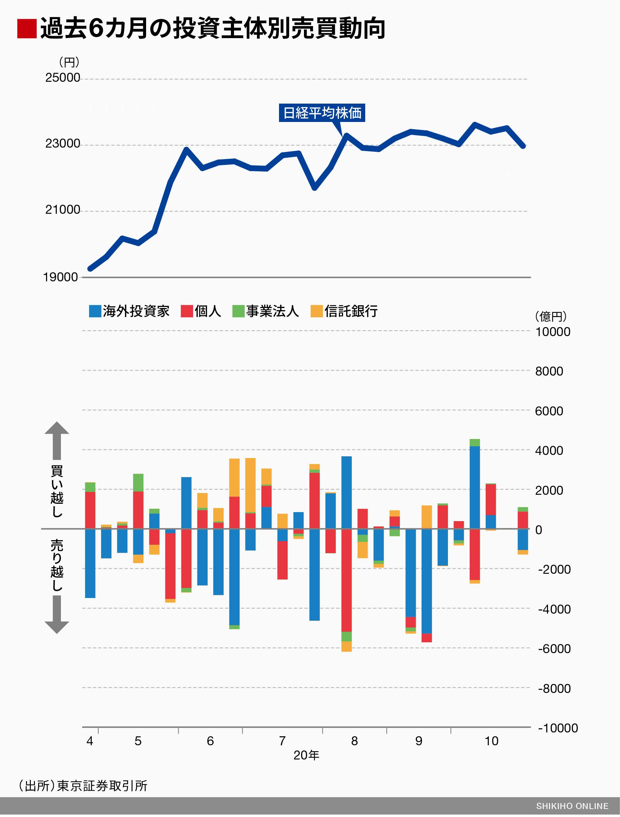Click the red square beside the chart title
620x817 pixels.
tap(27, 29)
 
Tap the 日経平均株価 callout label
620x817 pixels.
tap(322, 113)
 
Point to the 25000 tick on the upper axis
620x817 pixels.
tap(62, 78)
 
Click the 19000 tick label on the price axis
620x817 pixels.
tap(60, 278)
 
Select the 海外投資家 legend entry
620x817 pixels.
tap(129, 311)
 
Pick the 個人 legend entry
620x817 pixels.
tap(201, 311)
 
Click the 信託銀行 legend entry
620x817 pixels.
tap(344, 311)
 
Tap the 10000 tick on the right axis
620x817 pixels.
tap(552, 332)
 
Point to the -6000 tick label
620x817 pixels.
tap(554, 649)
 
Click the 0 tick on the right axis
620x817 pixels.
tap(538, 530)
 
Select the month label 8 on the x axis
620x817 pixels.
tap(354, 741)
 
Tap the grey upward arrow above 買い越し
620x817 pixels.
tap(57, 440)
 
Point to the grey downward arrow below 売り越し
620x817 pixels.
tap(57, 615)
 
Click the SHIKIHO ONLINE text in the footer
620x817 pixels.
tap(572, 806)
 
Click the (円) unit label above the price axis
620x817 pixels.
tap(69, 62)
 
